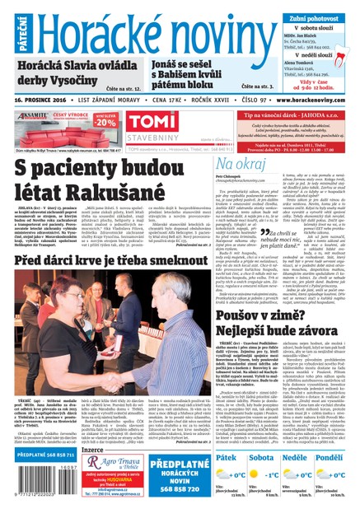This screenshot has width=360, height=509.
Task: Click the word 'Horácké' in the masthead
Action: click(95, 30)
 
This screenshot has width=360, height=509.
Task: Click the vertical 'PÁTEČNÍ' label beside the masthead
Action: click(8, 28)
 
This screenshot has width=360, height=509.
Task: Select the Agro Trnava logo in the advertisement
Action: click(119, 467)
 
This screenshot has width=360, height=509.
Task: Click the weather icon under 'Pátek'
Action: click(224, 475)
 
